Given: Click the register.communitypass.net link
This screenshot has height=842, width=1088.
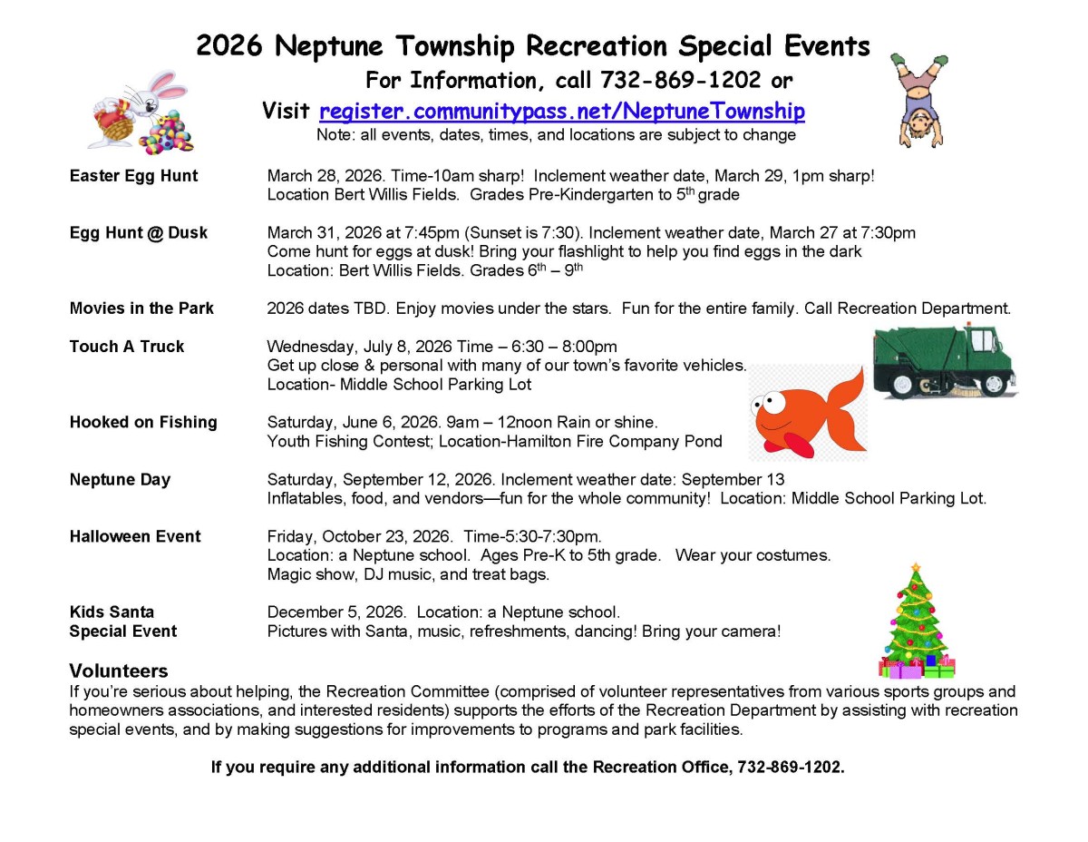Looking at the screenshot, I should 561,112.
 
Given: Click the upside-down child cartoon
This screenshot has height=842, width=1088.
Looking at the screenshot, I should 918,99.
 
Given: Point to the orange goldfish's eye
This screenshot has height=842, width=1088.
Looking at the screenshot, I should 770,400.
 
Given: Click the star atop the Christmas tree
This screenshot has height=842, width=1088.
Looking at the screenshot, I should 916,569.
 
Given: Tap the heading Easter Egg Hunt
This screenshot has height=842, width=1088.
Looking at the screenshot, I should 133,176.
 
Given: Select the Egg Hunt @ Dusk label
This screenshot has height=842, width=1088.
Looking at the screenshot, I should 138,233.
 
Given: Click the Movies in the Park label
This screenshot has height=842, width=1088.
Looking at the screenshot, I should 141,308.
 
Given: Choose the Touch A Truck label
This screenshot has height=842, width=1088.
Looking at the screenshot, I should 126,347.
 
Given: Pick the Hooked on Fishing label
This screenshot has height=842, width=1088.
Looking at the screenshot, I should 143,422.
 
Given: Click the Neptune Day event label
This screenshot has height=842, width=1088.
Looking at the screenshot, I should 120,479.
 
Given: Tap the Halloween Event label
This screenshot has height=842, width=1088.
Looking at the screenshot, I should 135,536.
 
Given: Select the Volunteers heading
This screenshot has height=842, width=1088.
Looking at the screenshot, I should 119,671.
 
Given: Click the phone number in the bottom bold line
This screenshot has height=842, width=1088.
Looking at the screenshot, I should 790,768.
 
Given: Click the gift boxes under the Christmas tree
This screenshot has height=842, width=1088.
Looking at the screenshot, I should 917,670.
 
